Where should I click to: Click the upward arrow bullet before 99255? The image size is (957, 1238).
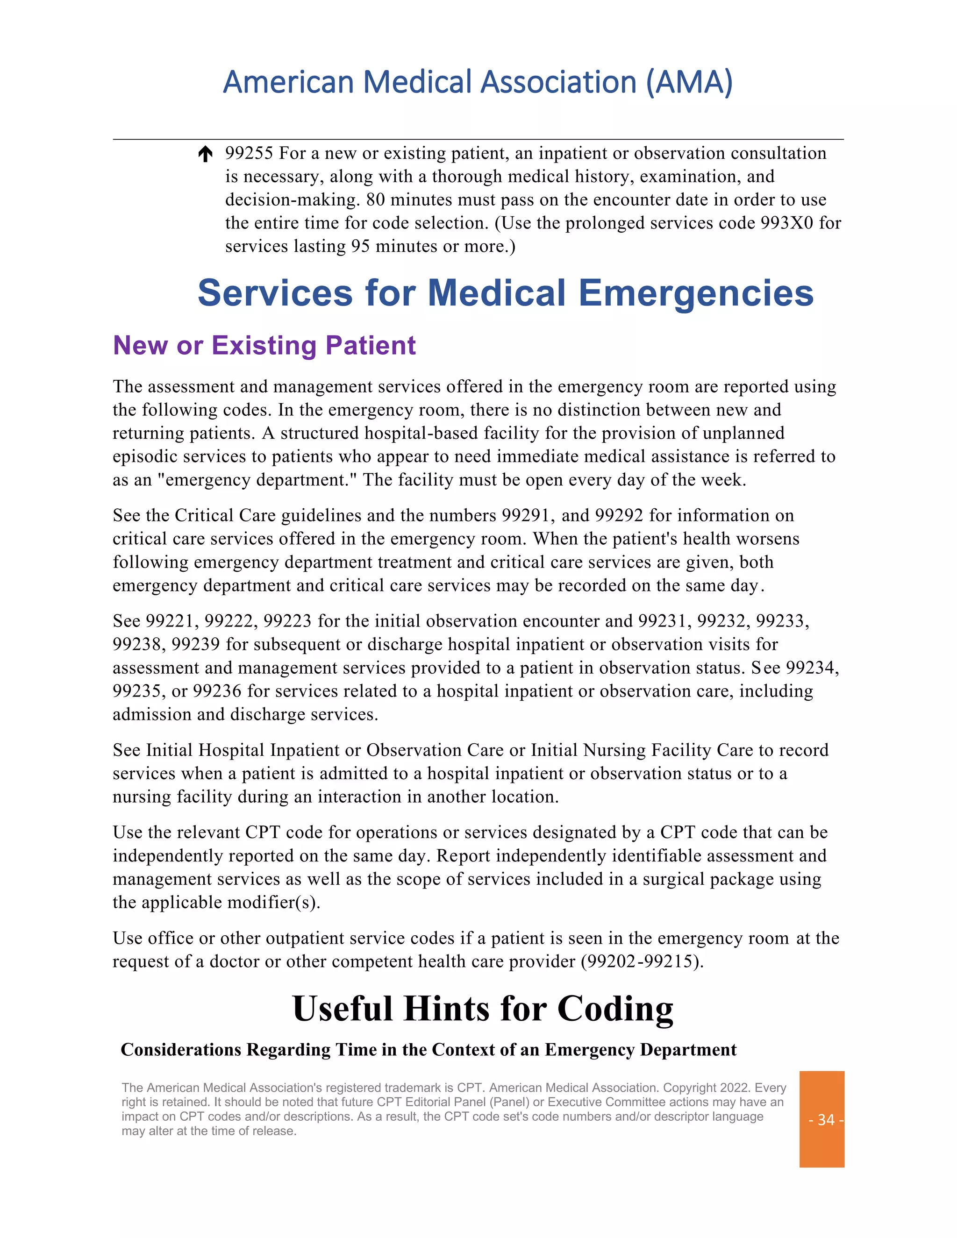[x=205, y=154]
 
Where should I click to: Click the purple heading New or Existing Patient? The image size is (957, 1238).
[x=264, y=345]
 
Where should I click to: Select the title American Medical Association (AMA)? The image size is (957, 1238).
[x=478, y=82]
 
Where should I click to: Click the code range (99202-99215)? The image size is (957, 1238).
[x=642, y=961]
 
